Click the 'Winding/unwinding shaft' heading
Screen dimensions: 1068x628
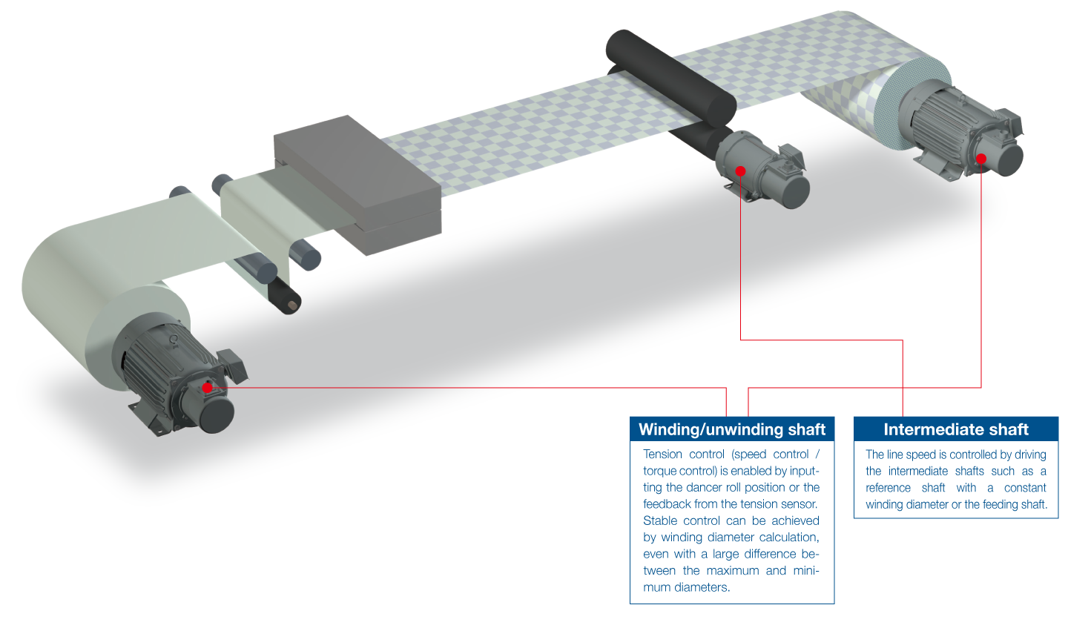tap(732, 429)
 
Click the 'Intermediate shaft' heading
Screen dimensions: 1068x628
tap(956, 429)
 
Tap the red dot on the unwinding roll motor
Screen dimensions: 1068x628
tap(207, 387)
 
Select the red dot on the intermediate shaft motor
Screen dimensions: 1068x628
tap(740, 171)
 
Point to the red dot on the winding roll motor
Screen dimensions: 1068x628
tap(981, 159)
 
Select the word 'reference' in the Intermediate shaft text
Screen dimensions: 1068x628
tap(889, 488)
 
